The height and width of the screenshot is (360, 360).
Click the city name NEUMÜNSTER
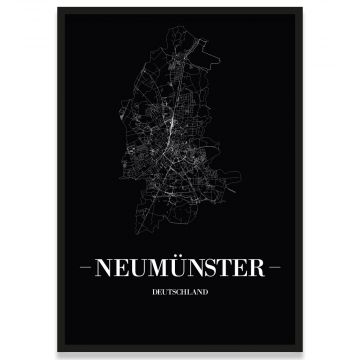[x=180, y=268]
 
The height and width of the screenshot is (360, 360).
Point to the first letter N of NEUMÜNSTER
[x=109, y=268]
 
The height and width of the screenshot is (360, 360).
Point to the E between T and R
[x=241, y=268]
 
